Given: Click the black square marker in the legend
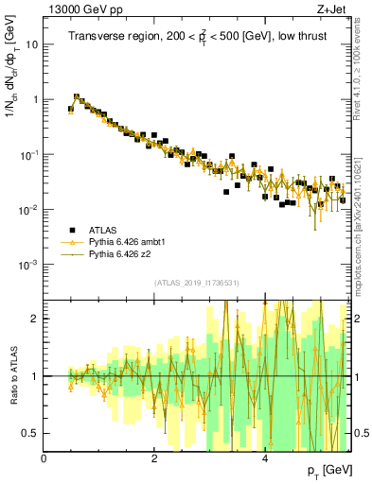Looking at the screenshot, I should (71, 230).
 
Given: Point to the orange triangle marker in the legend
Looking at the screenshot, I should (71, 242).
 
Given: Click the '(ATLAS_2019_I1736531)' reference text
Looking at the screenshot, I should (197, 284).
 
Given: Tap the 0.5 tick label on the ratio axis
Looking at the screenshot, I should (30, 433).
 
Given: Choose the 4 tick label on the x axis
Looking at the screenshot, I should (265, 458).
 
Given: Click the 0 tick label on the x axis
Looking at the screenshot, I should (44, 458).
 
